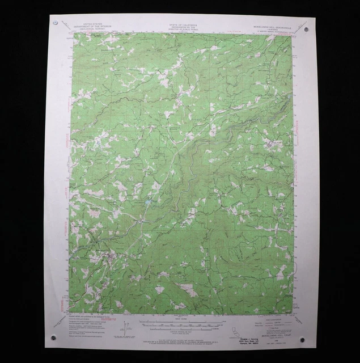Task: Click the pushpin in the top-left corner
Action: (55, 24)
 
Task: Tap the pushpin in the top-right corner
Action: (307, 28)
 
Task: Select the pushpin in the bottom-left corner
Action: (54, 338)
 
